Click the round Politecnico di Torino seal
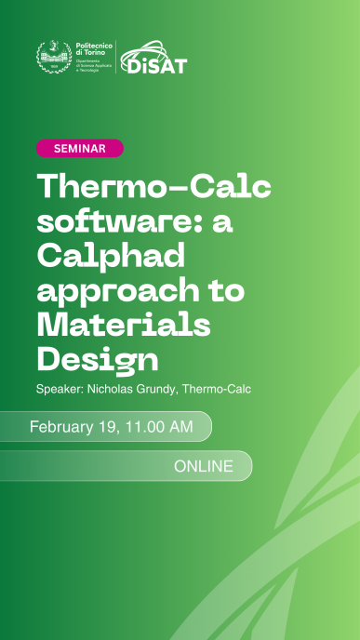coord(52,58)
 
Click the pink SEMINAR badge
coord(79,148)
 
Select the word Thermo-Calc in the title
coord(154,187)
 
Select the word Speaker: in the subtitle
coord(60,388)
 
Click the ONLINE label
coord(204,466)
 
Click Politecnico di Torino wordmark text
coord(91,49)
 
